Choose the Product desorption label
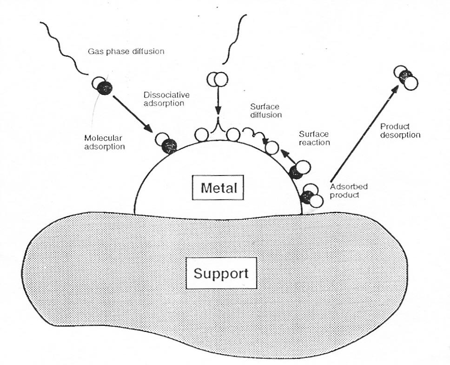(400, 131)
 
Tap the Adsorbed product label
(348, 190)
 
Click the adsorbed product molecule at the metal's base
(311, 196)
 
